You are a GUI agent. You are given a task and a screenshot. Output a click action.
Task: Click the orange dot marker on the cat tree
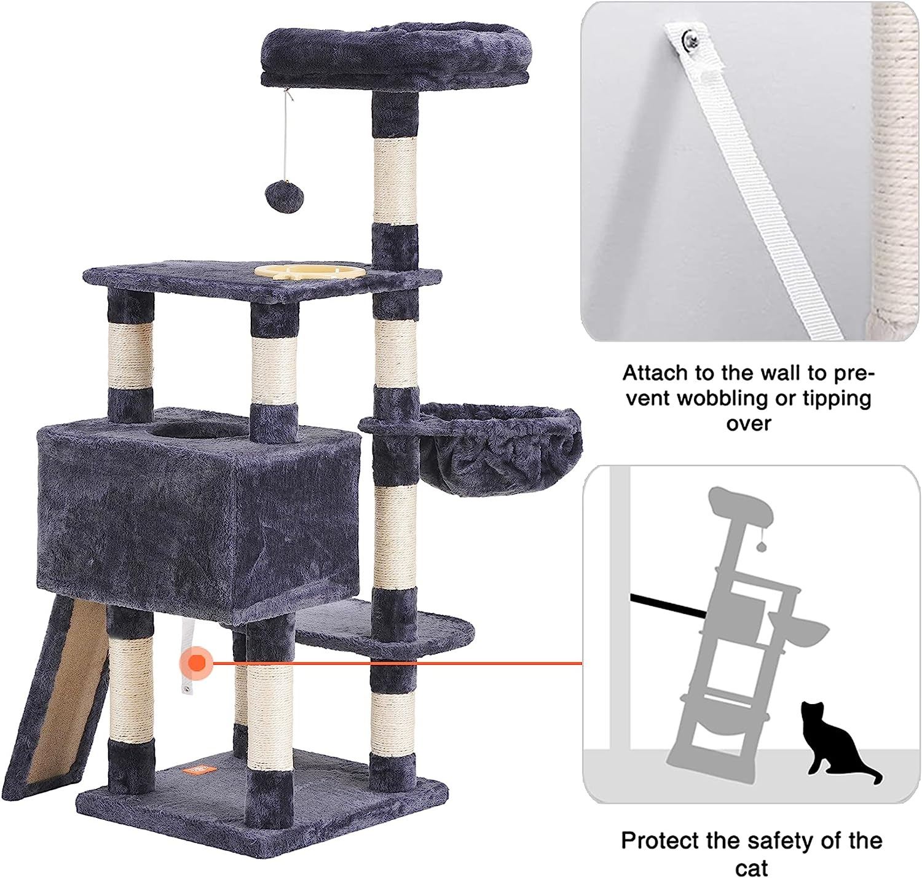(197, 664)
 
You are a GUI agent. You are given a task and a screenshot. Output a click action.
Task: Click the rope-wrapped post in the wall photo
(889, 169)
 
